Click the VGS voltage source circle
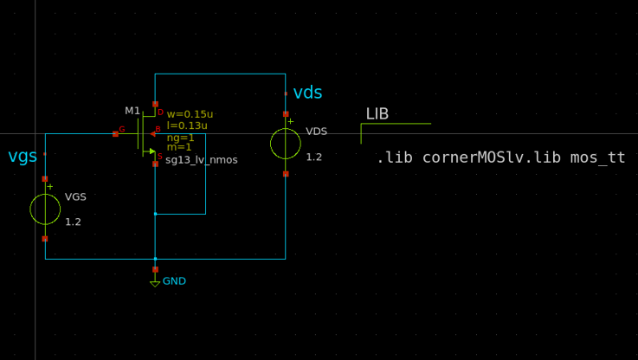pos(45,209)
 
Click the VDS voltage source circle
pos(286,144)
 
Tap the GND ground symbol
pos(155,281)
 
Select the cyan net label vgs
pos(23,157)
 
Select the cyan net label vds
pos(307,93)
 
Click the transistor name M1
pos(132,111)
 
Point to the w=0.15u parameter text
pos(190,114)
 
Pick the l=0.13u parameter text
pos(187,125)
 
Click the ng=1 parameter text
pos(180,137)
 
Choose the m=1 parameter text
pos(179,147)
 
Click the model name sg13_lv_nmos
pos(201,160)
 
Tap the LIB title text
pos(377,114)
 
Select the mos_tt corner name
pos(597,158)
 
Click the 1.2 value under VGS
pos(73,222)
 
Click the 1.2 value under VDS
pos(313,157)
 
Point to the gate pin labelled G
pos(116,133)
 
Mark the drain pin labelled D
pos(156,105)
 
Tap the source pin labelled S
pos(156,162)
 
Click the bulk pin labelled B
pos(156,133)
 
